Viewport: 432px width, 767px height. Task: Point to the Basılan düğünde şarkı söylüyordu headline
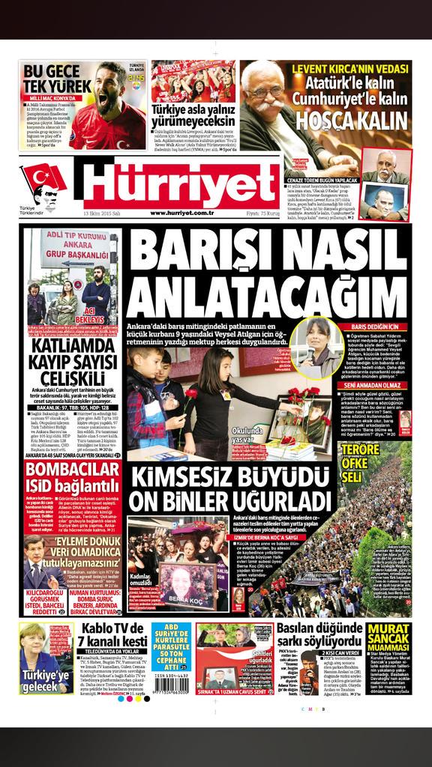tap(319, 636)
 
